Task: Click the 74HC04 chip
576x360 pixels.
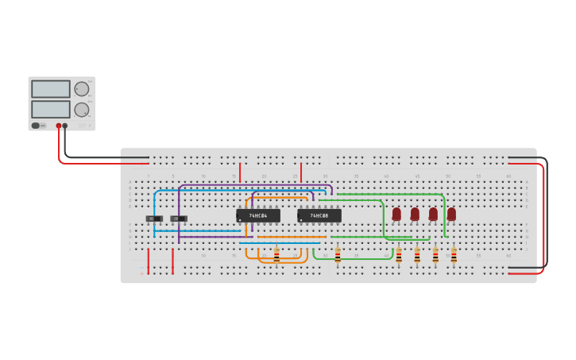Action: [258, 215]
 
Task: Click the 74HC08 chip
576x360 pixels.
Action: [319, 215]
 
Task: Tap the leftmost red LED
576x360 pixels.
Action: [396, 214]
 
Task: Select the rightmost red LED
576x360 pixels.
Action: [451, 214]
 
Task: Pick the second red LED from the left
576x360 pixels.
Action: [415, 214]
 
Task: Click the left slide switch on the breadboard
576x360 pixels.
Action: [154, 219]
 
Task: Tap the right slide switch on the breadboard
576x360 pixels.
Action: [179, 219]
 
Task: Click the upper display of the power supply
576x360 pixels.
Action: [51, 89]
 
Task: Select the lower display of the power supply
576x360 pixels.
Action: [51, 109]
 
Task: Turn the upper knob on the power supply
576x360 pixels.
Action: [82, 89]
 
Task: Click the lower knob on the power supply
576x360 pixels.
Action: [82, 109]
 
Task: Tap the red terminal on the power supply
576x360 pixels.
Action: [59, 126]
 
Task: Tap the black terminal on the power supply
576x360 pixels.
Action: [65, 126]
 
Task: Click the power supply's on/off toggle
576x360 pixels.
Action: [36, 126]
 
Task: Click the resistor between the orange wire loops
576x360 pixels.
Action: [276, 254]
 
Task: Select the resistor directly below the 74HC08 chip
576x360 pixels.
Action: [338, 254]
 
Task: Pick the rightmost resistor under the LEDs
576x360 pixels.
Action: [454, 254]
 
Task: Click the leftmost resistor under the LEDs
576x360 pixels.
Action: [399, 254]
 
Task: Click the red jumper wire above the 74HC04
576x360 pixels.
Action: [240, 172]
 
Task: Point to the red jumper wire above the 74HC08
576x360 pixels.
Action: [301, 172]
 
